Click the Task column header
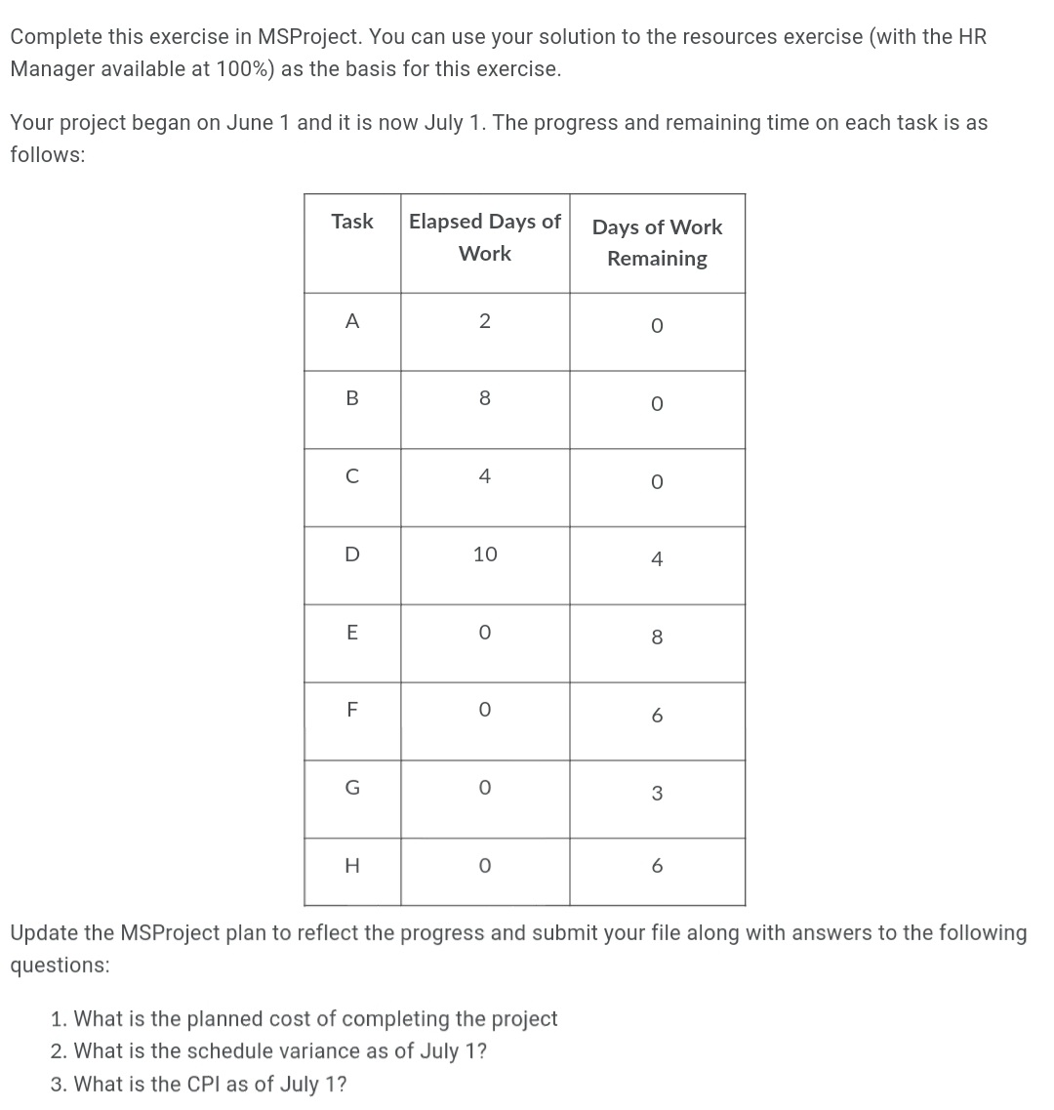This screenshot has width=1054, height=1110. pyautogui.click(x=351, y=222)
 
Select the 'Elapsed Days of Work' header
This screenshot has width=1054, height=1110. pyautogui.click(x=485, y=237)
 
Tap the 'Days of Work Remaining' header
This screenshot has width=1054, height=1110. pyautogui.click(x=657, y=242)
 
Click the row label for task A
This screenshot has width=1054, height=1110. pyautogui.click(x=351, y=321)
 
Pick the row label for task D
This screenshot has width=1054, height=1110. pyautogui.click(x=351, y=555)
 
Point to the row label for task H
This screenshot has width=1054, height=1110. pyautogui.click(x=351, y=866)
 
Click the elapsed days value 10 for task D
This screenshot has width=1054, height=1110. pyautogui.click(x=485, y=555)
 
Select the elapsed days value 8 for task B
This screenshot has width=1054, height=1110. pyautogui.click(x=485, y=398)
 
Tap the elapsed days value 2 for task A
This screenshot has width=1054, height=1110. pyautogui.click(x=485, y=321)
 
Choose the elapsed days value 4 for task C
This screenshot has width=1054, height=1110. pyautogui.click(x=485, y=476)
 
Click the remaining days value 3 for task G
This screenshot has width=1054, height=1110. pyautogui.click(x=657, y=794)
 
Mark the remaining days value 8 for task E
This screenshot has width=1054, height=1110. pyautogui.click(x=657, y=637)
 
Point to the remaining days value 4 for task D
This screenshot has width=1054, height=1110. pyautogui.click(x=657, y=559)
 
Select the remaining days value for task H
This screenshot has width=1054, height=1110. pyautogui.click(x=657, y=866)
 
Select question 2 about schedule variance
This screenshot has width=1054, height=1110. pyautogui.click(x=269, y=1051)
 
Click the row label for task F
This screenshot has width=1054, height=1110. pyautogui.click(x=351, y=711)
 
